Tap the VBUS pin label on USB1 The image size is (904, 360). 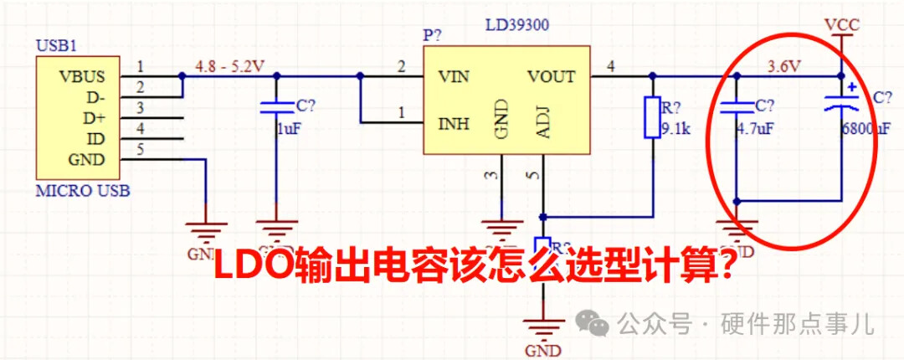tap(82, 76)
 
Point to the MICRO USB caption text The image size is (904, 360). tap(83, 192)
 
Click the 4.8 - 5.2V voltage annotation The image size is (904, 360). tap(229, 64)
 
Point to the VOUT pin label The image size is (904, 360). tap(551, 77)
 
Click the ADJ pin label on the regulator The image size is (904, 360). tap(542, 124)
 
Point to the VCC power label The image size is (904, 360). tap(841, 24)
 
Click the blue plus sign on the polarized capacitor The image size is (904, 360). tap(851, 86)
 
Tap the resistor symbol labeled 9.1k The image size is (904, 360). tap(652, 117)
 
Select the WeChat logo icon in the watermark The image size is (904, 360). tap(596, 321)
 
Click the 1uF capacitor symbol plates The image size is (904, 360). tap(276, 106)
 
